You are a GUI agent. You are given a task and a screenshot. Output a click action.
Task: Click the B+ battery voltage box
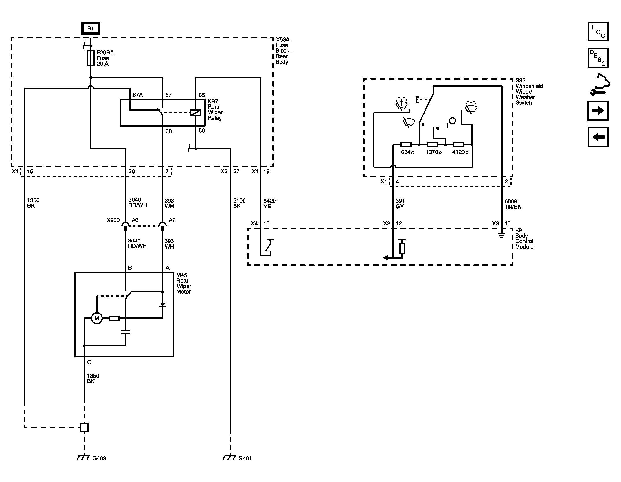coord(91,28)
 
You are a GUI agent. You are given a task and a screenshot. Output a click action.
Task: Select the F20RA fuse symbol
coord(91,58)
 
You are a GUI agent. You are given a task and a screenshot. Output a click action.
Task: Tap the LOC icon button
coord(598,32)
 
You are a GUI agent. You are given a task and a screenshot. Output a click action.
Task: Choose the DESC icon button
coord(598,58)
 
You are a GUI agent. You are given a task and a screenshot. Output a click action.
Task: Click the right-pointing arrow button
coord(598,111)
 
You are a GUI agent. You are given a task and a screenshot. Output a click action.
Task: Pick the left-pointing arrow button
coord(598,137)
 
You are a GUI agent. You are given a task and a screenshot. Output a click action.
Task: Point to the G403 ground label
coord(99,458)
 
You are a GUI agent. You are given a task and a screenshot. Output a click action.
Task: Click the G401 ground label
coord(245,458)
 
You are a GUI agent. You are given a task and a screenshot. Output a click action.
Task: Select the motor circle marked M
coord(97,318)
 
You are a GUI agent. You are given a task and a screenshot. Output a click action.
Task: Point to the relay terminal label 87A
coord(137,95)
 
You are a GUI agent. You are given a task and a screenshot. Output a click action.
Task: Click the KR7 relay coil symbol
coord(196,113)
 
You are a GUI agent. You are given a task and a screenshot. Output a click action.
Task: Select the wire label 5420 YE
coord(269,203)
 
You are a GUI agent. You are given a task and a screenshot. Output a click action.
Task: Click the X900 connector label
coord(113,220)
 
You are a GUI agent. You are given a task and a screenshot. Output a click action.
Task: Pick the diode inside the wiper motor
coord(163,305)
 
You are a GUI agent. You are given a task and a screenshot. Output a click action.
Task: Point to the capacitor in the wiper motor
coord(126,332)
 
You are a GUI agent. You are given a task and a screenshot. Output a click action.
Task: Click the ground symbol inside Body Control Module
coord(502,236)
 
